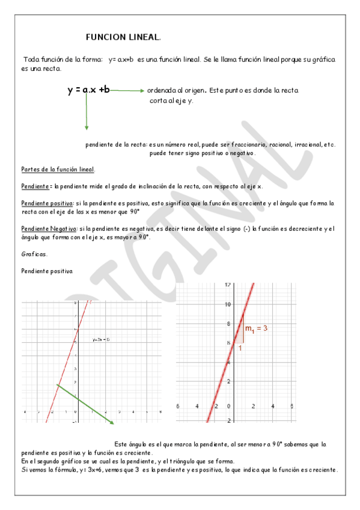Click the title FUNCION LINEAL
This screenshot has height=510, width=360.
(x=123, y=37)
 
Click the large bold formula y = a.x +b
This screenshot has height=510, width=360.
(x=88, y=90)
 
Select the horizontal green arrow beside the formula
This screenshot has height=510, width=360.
(x=127, y=91)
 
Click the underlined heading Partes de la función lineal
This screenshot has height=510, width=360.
(x=57, y=169)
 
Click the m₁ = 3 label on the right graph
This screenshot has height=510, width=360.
(x=255, y=328)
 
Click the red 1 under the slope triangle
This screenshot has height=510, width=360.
(x=240, y=348)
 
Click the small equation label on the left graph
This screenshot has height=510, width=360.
(x=100, y=340)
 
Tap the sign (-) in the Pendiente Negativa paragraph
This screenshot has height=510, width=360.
(x=247, y=229)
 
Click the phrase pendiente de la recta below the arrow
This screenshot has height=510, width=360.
(x=117, y=144)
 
